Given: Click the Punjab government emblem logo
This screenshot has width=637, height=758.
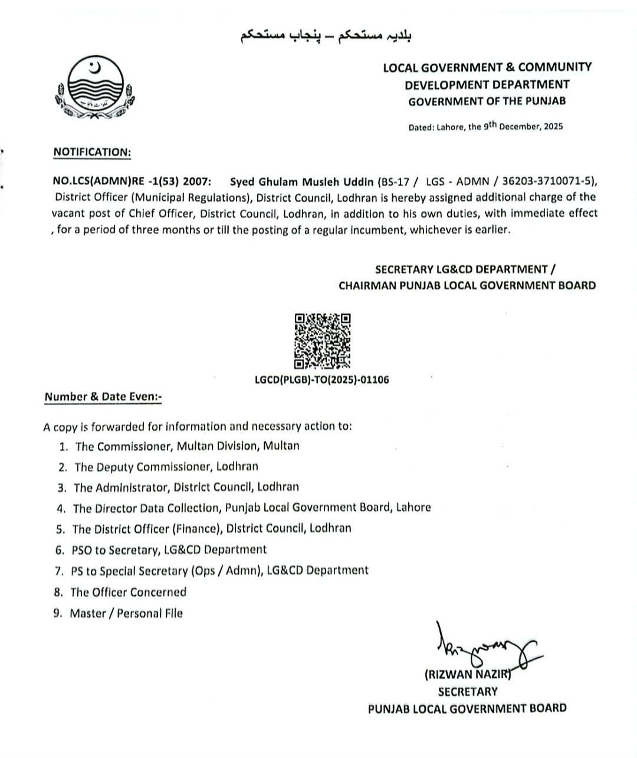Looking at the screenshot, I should (x=95, y=89).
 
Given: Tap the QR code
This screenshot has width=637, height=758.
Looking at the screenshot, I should (x=322, y=341).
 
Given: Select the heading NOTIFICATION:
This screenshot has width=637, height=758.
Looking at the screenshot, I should (x=92, y=152).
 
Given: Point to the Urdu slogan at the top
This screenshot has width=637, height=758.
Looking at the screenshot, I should (x=326, y=36).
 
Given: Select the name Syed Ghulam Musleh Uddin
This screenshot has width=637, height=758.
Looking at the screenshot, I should (x=301, y=181).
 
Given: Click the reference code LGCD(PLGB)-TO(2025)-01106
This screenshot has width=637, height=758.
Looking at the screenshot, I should (x=322, y=380).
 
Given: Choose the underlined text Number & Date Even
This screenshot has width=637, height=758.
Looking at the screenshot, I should (x=103, y=397).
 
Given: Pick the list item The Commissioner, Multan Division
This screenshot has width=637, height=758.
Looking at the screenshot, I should (x=187, y=446).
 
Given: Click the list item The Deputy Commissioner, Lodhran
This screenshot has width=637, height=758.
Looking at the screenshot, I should (x=166, y=467).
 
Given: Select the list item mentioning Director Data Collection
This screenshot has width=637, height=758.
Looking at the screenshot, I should (x=251, y=507).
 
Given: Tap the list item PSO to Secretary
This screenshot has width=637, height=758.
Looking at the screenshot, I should (x=169, y=550).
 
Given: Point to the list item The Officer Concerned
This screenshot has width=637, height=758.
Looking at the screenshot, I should (x=128, y=592).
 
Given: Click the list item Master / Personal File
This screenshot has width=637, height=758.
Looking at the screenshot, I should (x=126, y=614).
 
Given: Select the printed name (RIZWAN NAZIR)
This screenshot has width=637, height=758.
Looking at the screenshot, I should (x=467, y=675).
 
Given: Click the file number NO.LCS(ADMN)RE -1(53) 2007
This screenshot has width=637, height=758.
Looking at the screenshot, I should (x=129, y=181).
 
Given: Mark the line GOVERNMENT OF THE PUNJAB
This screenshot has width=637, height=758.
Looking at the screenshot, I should (x=487, y=101).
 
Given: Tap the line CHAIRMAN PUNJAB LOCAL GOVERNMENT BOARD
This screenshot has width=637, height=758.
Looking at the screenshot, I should (x=467, y=286).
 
